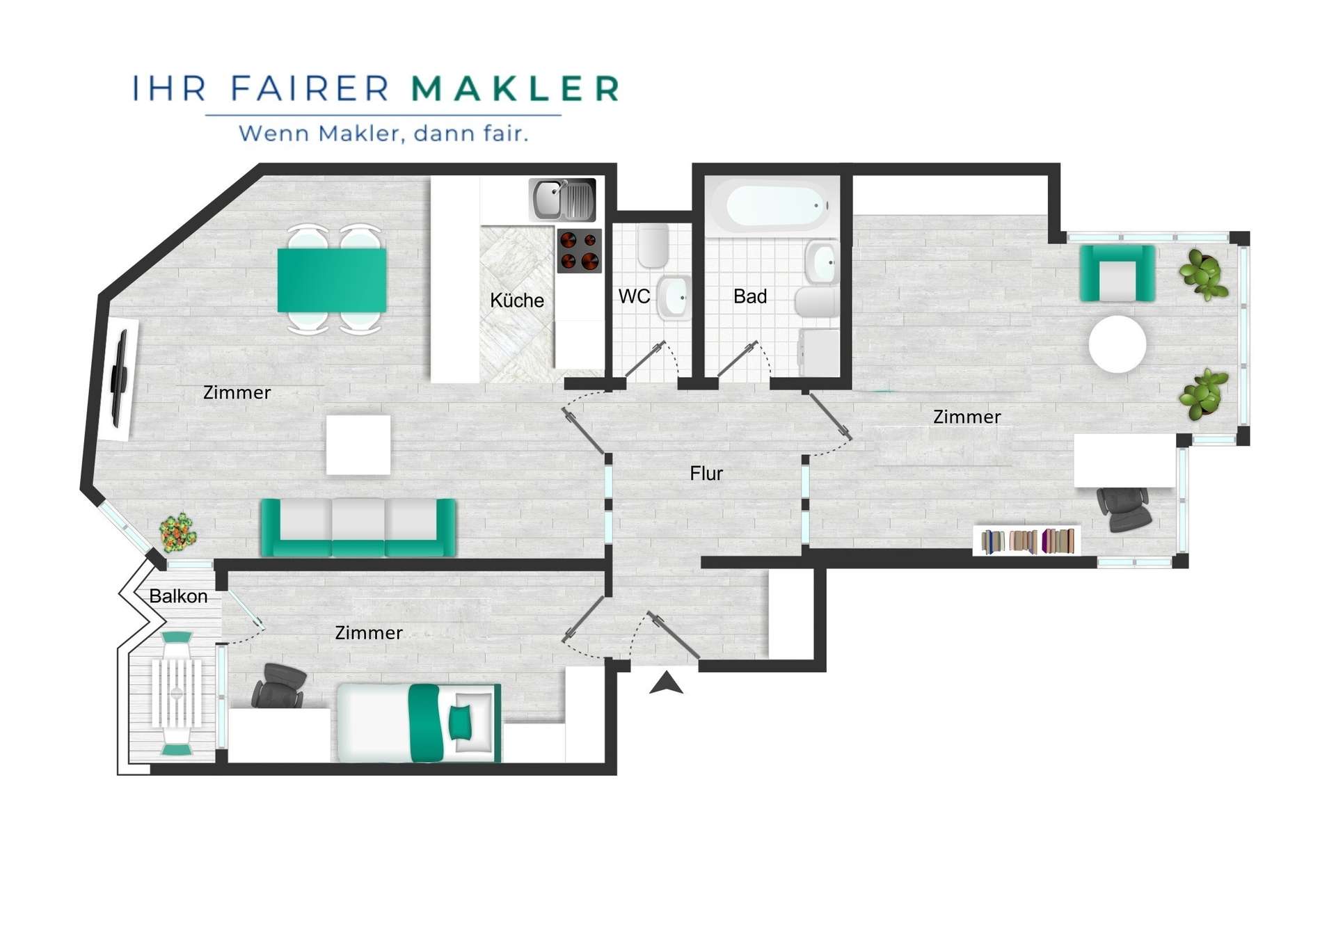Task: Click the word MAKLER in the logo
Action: coord(514,88)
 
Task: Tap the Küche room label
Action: coord(517,300)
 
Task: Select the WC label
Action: coord(634,296)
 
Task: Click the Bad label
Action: coord(750,296)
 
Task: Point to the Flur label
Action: coord(706,474)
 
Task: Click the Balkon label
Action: coord(178,596)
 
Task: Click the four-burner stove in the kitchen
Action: coord(579,250)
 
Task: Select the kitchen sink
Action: coord(562,200)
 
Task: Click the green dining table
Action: coord(332,280)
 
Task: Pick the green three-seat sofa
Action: coord(358,527)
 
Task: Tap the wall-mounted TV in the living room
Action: coord(120,380)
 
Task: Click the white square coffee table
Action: coord(358,445)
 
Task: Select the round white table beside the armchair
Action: coord(1118,344)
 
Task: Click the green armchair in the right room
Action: coord(1117,273)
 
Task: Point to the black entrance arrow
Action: coord(666,682)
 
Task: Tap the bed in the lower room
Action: coord(420,723)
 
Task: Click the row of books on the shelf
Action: coord(1028,541)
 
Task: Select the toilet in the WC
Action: coord(653,245)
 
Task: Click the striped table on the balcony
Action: coord(177,694)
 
